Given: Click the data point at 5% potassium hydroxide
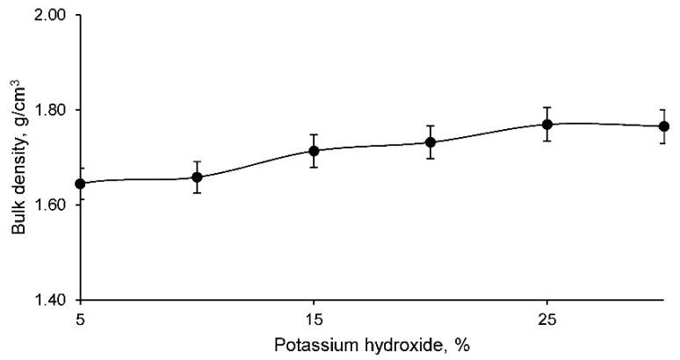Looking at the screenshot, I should click(x=81, y=184).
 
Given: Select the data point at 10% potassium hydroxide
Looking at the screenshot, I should click(x=197, y=177).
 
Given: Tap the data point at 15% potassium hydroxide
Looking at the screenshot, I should click(x=314, y=150).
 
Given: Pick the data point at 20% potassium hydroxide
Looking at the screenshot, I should click(x=430, y=142).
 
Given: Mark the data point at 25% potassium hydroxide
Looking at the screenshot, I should click(x=546, y=124).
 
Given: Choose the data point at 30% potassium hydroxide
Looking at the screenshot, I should click(x=664, y=126).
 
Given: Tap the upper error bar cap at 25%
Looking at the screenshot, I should click(x=546, y=107).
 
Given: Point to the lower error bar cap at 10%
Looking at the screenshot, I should click(x=197, y=192).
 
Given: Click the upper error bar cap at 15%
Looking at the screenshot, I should click(x=314, y=134).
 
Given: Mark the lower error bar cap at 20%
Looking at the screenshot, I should click(x=430, y=158).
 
